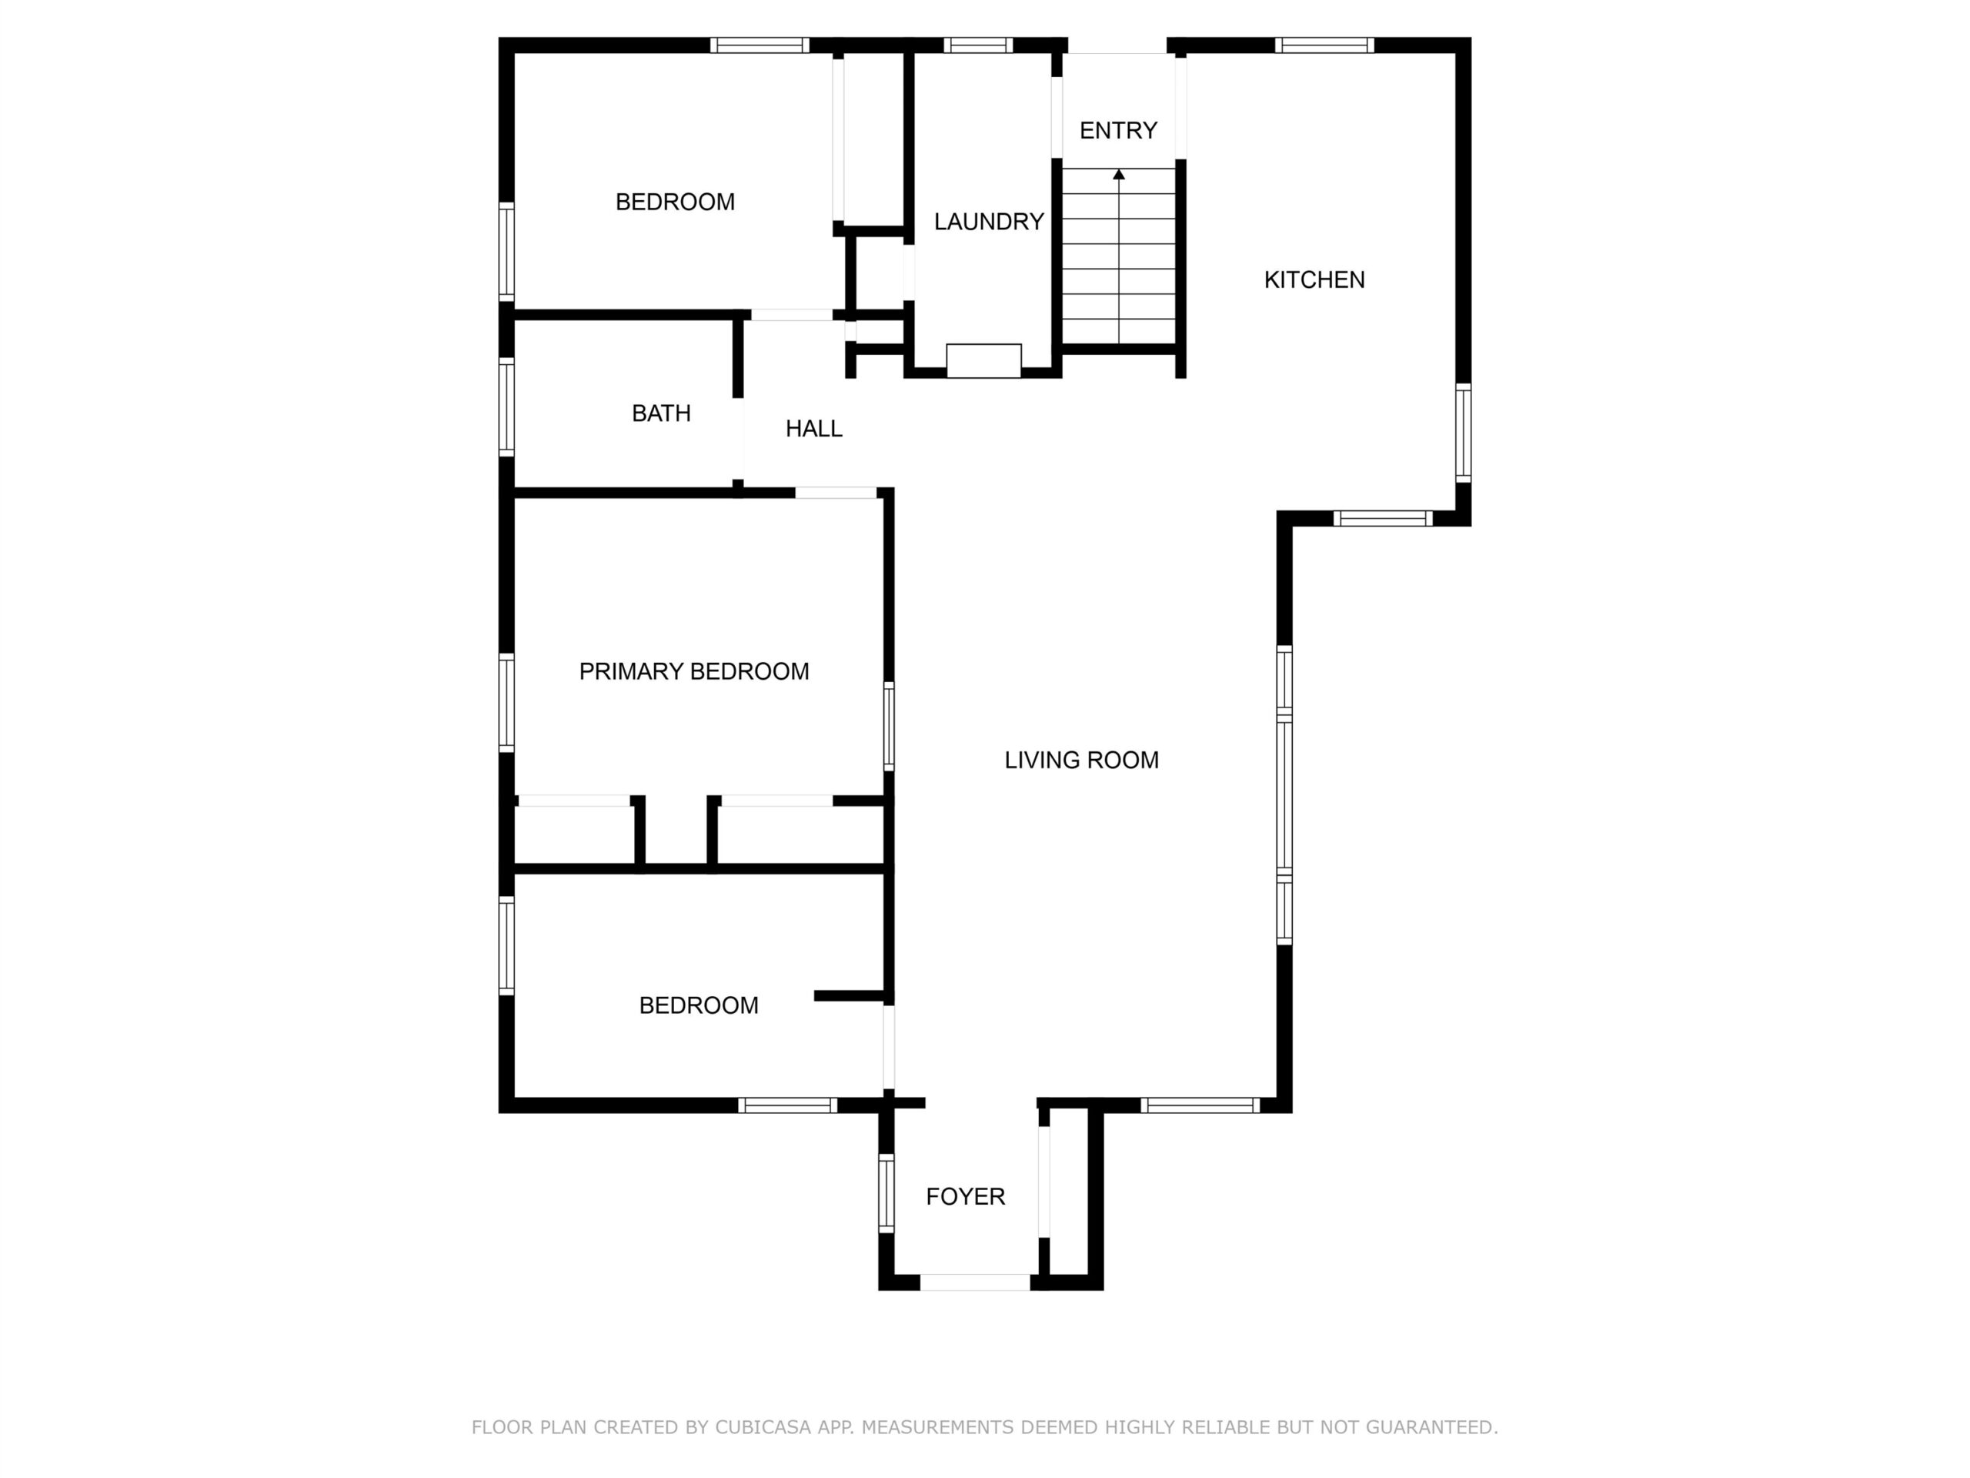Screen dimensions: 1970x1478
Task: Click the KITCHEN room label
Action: (1314, 279)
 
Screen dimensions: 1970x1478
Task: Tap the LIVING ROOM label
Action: (1081, 760)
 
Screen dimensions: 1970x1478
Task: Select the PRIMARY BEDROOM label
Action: (694, 672)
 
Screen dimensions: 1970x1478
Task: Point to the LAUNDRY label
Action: (989, 222)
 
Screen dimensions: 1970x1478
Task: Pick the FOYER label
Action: (966, 1196)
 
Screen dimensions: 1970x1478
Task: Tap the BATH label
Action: (661, 413)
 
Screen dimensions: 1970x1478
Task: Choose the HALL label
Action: (813, 430)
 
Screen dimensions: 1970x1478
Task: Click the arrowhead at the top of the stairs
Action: (1119, 174)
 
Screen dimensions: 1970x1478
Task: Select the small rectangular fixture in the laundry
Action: (983, 361)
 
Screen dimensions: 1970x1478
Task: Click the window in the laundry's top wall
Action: (978, 45)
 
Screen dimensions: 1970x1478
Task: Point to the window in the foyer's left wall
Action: (886, 1193)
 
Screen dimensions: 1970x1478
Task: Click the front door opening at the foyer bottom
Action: (975, 1283)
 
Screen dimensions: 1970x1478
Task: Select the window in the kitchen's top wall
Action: (1324, 45)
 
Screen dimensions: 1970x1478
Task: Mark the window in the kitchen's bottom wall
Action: (1382, 519)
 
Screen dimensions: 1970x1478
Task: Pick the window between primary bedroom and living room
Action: (889, 726)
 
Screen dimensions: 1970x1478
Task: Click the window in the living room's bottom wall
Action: (1200, 1105)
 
